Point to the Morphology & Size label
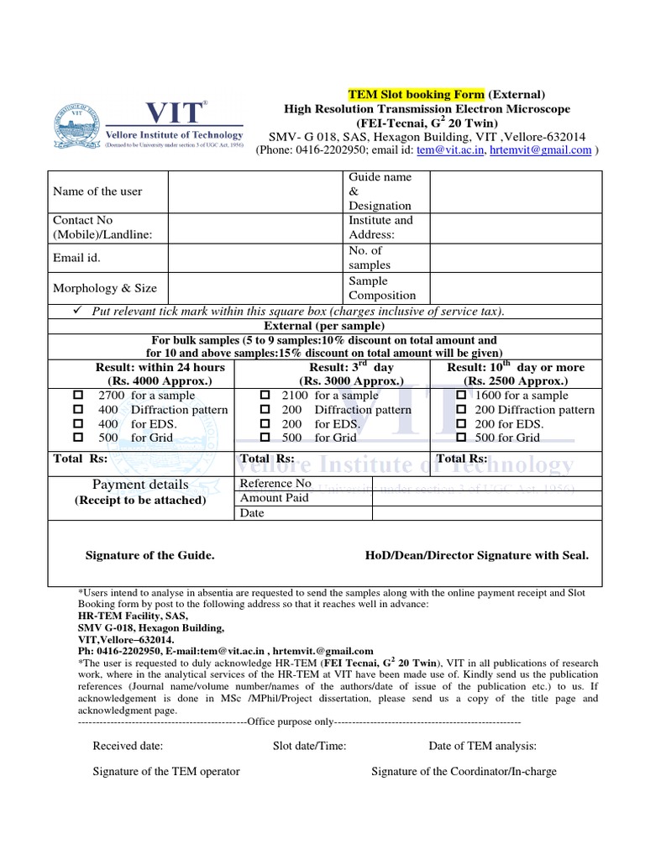[x=105, y=288]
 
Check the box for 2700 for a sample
[x=78, y=396]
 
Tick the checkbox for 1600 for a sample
[x=461, y=396]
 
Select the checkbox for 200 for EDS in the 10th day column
[x=461, y=424]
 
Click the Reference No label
[x=275, y=484]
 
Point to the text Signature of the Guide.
[x=150, y=556]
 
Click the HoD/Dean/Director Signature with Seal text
[x=477, y=556]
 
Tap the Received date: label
[x=128, y=746]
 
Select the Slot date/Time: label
[x=309, y=746]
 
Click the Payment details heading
[x=140, y=485]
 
